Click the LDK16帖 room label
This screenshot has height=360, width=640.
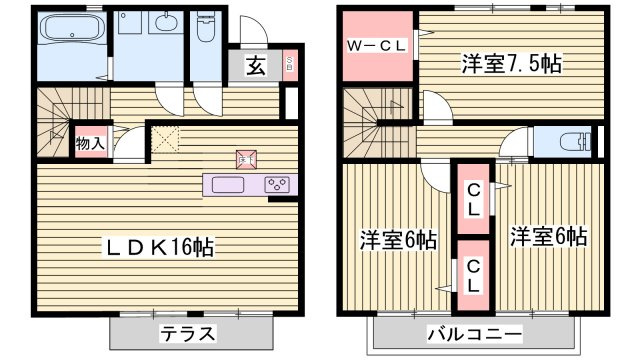pyautogui.click(x=165, y=245)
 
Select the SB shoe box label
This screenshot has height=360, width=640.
pyautogui.click(x=289, y=66)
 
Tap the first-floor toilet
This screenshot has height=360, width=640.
pyautogui.click(x=205, y=30)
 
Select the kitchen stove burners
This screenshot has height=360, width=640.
pyautogui.click(x=277, y=185)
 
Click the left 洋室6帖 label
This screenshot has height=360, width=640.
pyautogui.click(x=398, y=240)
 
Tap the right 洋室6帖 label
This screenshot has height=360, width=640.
pyautogui.click(x=548, y=238)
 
